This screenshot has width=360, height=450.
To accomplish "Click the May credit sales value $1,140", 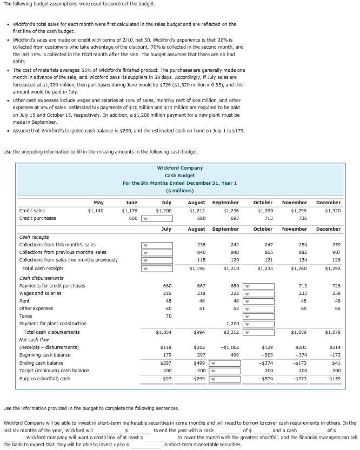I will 96,211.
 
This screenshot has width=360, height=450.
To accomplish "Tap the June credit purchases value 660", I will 132,219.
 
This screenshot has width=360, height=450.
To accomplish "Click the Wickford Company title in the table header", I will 180,168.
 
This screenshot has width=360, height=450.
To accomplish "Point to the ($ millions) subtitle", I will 180,190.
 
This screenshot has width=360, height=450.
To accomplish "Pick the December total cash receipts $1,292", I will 332,268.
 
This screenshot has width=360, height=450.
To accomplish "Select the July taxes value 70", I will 168,316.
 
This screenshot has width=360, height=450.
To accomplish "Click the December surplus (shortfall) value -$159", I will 333,379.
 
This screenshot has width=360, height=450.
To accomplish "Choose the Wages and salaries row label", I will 41,293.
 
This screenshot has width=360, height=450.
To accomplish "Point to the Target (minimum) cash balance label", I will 54,371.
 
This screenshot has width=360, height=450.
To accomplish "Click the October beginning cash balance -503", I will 266,355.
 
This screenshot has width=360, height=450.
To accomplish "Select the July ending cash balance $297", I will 166,363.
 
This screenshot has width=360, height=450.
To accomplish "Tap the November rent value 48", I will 304,301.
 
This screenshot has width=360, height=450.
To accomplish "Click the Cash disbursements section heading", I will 39,278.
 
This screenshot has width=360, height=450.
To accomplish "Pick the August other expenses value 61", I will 201,308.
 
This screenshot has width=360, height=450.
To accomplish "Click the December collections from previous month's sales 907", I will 335,252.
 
